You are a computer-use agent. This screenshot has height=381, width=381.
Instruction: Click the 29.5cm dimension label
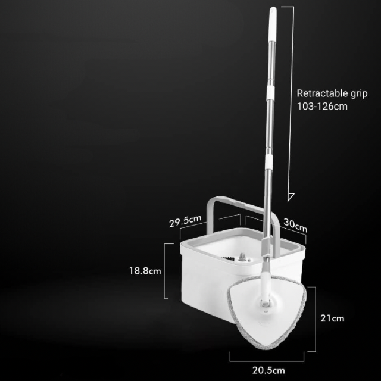[x=185, y=221]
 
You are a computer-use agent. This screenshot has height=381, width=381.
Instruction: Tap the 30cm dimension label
[x=295, y=225]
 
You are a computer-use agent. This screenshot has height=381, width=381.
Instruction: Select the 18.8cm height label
[x=145, y=271]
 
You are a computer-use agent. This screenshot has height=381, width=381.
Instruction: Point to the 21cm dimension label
[x=332, y=318]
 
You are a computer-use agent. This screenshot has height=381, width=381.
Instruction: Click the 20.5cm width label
[x=268, y=370]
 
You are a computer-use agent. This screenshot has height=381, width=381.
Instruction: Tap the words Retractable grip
[x=332, y=94]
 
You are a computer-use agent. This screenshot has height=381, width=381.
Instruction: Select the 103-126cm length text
[x=322, y=107]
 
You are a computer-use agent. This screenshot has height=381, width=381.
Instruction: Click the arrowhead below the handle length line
[x=291, y=197]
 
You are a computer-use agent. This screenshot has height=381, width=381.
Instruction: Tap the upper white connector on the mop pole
[x=270, y=92]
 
